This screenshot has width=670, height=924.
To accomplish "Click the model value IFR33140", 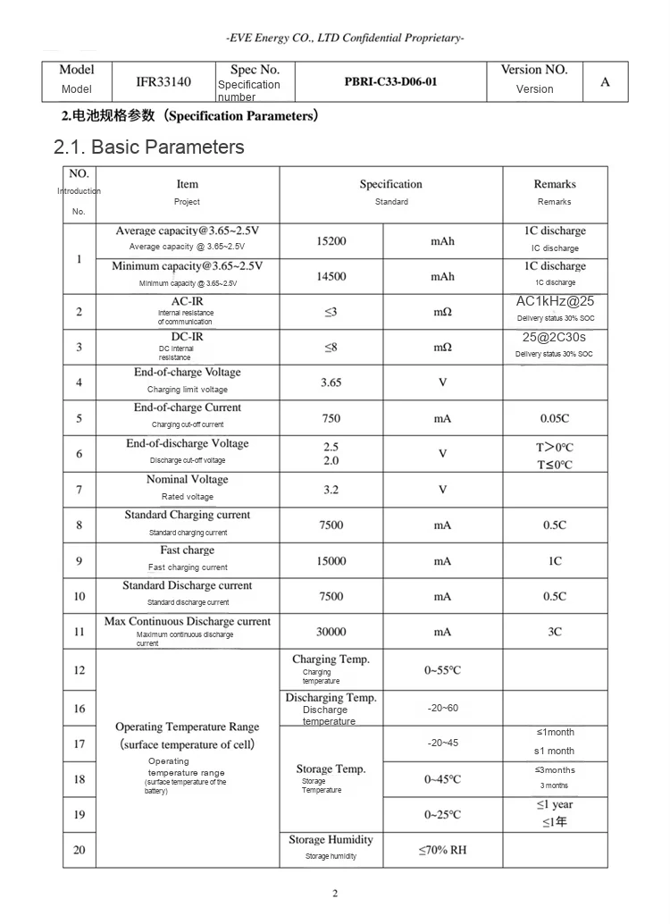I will coord(163,82).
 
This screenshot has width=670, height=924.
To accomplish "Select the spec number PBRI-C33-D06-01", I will coord(391,82).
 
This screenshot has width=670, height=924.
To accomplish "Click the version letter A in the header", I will coord(605,82).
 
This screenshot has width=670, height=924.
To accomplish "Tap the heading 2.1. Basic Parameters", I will coord(149,147).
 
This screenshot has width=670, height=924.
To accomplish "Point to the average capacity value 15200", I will coord(331,241).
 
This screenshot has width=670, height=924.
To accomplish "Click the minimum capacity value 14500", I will coord(331,277).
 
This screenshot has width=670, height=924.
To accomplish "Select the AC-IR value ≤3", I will coord(331,312).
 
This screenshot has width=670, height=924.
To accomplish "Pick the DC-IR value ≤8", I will coord(331,348).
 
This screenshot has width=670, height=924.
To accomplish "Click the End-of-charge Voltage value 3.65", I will coord(331,382).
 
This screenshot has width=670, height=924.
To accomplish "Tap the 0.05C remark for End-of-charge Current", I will coord(555,418).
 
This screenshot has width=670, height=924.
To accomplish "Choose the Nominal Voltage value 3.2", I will coord(331,490).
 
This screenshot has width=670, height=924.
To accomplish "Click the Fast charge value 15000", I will coord(331,561).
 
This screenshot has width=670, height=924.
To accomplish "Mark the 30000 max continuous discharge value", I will coord(331,632).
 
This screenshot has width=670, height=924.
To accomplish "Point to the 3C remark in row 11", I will coord(555,632).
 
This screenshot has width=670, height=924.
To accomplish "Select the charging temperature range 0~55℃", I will coord(442,670).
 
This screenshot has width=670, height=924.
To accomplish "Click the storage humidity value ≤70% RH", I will coord(442,850).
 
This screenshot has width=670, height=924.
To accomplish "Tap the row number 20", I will coord(80,850).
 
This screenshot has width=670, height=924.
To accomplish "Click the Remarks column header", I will coord(555,185).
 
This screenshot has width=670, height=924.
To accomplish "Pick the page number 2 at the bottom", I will coord(335,895).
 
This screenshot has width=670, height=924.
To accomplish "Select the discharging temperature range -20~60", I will coord(442,709).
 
